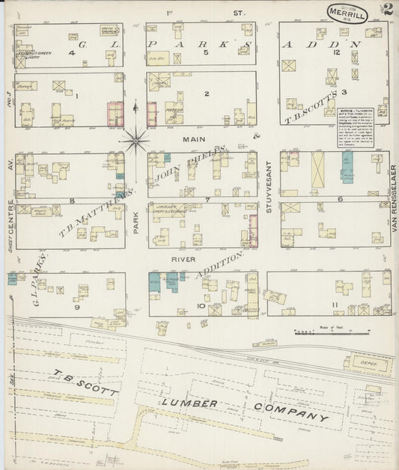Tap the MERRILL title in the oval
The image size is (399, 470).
(x=346, y=13)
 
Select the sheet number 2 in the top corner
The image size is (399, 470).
(x=388, y=10)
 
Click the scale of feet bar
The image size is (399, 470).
(x=323, y=330)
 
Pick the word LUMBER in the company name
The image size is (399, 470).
(x=188, y=404)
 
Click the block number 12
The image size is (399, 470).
(x=338, y=53)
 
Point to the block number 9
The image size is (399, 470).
(x=76, y=306)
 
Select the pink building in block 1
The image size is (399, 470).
(x=115, y=112)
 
